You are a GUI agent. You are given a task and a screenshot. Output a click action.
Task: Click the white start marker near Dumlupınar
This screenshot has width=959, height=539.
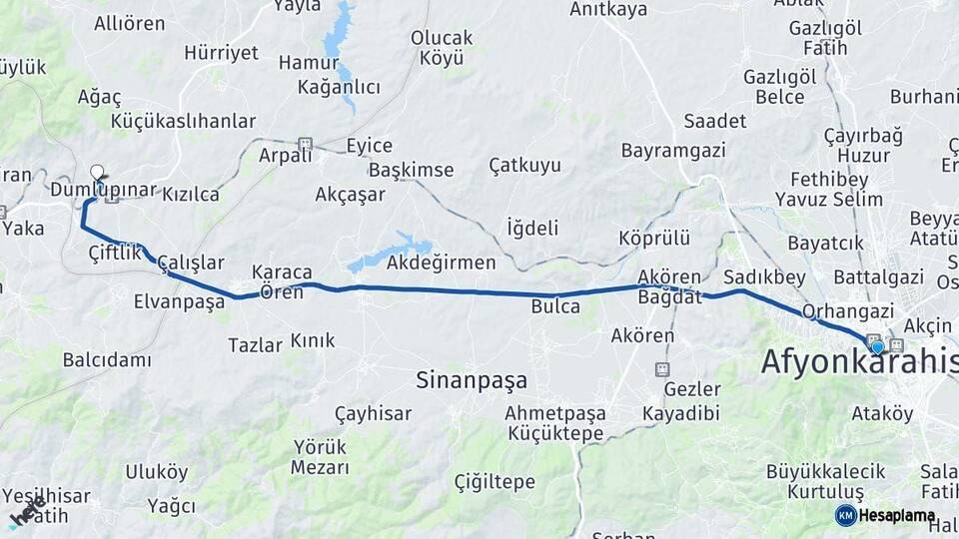[98, 172]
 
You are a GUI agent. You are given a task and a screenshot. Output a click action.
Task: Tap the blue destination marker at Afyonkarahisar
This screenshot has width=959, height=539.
[877, 347]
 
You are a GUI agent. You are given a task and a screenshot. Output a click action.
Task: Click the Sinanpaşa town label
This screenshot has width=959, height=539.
[471, 380]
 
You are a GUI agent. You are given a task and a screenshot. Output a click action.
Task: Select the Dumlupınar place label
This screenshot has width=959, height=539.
[104, 190]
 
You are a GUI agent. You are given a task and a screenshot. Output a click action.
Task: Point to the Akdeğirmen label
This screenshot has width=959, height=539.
[441, 264]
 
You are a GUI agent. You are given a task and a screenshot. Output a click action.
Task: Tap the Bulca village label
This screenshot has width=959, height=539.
[555, 306]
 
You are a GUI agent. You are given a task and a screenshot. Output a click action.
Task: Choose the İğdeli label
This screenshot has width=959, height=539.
[532, 228]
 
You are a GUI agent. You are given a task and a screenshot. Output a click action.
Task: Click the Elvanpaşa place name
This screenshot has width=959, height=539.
[180, 301]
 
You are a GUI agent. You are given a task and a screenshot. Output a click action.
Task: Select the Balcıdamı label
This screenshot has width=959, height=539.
[107, 359]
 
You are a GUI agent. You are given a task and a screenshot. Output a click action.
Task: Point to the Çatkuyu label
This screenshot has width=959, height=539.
[524, 165]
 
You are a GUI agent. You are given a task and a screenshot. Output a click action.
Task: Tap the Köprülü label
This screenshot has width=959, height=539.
[654, 239]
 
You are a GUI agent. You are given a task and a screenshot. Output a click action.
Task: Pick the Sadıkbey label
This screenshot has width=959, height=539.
[764, 276]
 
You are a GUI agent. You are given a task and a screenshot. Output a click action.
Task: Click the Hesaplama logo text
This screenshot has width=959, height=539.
[897, 516]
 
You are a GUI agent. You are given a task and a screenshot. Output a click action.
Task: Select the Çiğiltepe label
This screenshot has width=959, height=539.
[494, 482]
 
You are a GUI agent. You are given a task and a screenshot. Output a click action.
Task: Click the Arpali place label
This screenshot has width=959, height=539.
[279, 155]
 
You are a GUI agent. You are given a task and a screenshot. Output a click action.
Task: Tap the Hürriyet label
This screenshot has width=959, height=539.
[222, 53]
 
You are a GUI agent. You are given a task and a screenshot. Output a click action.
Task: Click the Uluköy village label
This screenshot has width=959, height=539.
[156, 472]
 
